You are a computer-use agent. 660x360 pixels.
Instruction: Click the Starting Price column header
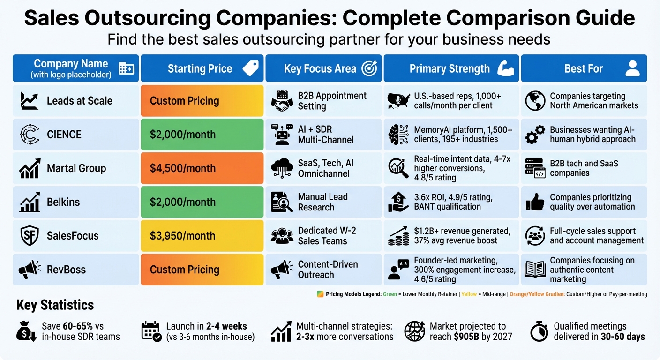click(202, 68)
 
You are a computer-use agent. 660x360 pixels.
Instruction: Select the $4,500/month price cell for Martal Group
click(202, 168)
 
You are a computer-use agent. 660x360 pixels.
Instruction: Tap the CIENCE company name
click(64, 135)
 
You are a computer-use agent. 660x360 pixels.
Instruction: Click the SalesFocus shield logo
click(30, 236)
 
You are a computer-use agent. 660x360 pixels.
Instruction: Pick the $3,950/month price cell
click(202, 236)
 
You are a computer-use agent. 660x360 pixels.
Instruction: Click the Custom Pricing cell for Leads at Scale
click(202, 101)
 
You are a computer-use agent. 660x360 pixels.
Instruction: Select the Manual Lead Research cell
click(323, 202)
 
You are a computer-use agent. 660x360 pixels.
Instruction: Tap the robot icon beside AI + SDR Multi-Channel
click(282, 135)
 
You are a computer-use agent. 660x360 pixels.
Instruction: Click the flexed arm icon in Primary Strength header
click(505, 68)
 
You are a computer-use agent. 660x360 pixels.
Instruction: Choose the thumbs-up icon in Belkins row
click(535, 202)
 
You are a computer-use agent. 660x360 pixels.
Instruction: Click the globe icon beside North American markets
click(535, 101)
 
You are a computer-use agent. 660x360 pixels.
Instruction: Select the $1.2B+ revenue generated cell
click(451, 236)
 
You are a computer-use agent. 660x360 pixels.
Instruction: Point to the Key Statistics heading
click(55, 305)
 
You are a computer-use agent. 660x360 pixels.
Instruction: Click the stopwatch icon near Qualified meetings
click(539, 332)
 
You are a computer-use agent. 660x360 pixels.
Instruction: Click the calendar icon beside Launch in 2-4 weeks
click(151, 331)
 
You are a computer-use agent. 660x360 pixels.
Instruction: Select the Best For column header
click(584, 68)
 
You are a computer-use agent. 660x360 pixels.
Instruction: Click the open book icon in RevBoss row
click(535, 270)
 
